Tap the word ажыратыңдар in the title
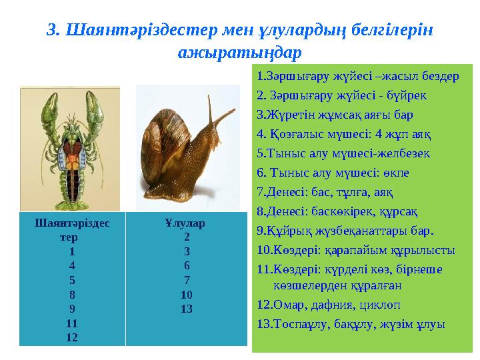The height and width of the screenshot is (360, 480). coord(240,51)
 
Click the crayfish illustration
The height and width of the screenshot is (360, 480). coord(69,143)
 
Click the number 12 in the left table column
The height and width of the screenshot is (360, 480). coord(71,337)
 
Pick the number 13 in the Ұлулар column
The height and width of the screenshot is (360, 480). coord(187,309)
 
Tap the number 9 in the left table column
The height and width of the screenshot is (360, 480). coord(71,309)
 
